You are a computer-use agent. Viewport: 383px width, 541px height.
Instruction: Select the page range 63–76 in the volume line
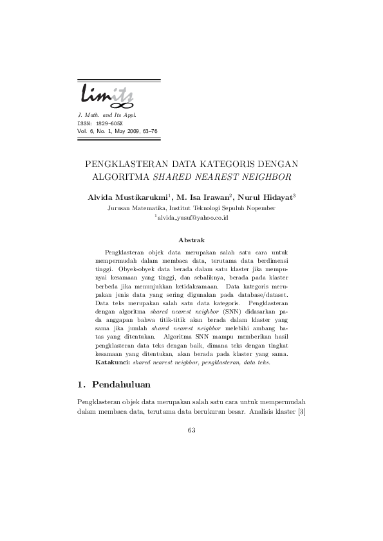(147, 131)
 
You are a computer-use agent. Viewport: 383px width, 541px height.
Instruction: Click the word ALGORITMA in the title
(122, 176)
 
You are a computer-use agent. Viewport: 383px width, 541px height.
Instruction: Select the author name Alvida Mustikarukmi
(127, 196)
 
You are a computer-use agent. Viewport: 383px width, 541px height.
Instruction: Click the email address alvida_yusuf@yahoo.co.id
(192, 218)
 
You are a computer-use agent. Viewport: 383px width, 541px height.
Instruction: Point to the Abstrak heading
(191, 240)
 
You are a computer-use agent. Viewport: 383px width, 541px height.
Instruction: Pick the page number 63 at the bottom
(191, 430)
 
